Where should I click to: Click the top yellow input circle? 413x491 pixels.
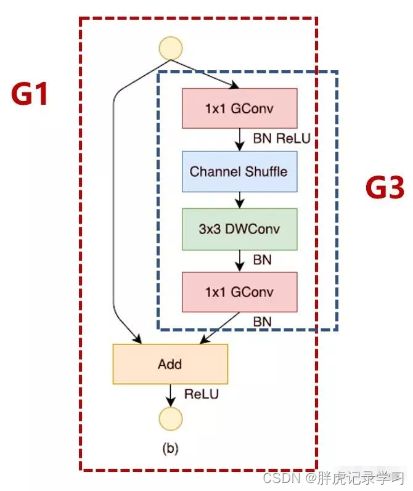[171, 48]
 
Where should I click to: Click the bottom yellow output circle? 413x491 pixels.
[171, 418]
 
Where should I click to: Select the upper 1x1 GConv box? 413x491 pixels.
[240, 108]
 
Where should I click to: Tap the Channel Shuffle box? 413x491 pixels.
[240, 171]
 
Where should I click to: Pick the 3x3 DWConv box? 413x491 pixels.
[240, 229]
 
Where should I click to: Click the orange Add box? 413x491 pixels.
[170, 363]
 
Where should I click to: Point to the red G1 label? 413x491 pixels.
[30, 95]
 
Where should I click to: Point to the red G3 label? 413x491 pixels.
[384, 189]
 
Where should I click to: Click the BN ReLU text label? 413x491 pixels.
[281, 139]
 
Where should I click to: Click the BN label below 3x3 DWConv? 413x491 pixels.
[262, 259]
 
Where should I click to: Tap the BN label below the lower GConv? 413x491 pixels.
[262, 320]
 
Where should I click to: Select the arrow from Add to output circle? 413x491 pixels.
[171, 394]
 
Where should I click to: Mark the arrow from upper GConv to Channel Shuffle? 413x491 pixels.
[240, 140]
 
